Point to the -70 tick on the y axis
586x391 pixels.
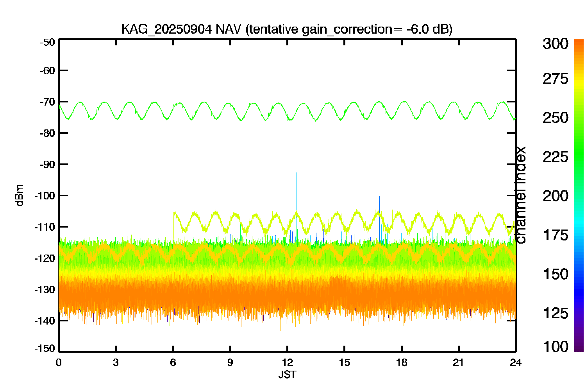tap(47, 102)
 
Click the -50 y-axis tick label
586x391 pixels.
tap(47, 42)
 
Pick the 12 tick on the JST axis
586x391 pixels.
tap(287, 362)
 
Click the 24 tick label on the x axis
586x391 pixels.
tap(515, 362)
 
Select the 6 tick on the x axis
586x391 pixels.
tap(173, 362)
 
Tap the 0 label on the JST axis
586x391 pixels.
tap(59, 362)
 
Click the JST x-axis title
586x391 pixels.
tap(287, 375)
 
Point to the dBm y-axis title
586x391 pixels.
tap(20, 195)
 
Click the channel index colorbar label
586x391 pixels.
tap(521, 195)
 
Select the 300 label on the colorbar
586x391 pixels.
tap(555, 44)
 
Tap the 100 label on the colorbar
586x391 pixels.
tap(555, 346)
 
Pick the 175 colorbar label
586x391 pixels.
tap(555, 235)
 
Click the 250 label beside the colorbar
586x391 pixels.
tap(555, 118)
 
